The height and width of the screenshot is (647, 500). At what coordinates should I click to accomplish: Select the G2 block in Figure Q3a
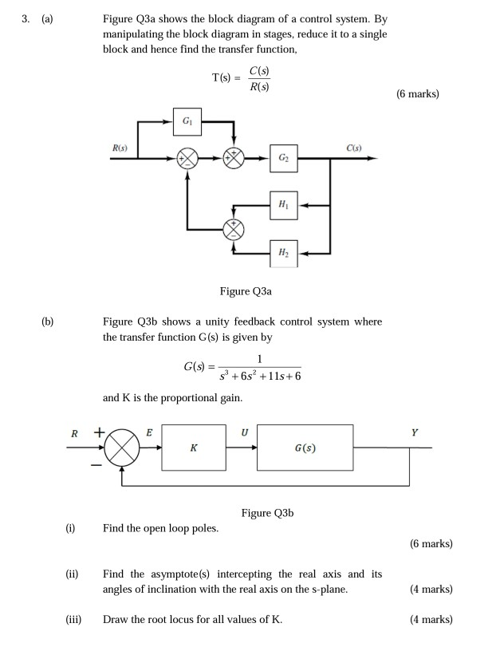pyautogui.click(x=284, y=158)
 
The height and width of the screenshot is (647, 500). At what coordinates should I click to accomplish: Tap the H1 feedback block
pyautogui.click(x=284, y=205)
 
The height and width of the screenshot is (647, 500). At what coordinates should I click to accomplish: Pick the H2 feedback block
pyautogui.click(x=284, y=252)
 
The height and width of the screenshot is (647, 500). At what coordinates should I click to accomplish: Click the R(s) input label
pyautogui.click(x=120, y=148)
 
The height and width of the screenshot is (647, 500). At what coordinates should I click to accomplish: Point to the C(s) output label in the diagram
pyautogui.click(x=354, y=148)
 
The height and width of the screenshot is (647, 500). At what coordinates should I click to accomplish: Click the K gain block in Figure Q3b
pyautogui.click(x=194, y=448)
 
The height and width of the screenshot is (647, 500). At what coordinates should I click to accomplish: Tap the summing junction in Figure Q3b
pyautogui.click(x=122, y=448)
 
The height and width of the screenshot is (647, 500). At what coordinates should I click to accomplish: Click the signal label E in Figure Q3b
pyautogui.click(x=149, y=432)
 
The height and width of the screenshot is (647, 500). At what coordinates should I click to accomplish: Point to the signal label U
pyautogui.click(x=244, y=432)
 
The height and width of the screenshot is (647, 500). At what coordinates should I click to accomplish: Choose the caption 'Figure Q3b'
pyautogui.click(x=267, y=513)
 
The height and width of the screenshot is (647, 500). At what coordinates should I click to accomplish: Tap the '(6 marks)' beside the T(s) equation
pyautogui.click(x=417, y=94)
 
